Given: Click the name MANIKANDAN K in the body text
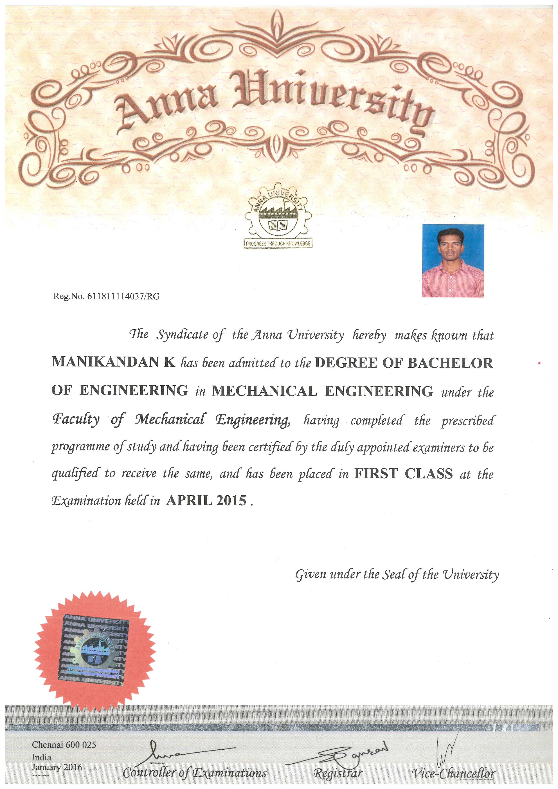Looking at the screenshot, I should click(x=114, y=362).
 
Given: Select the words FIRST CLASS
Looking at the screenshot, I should click(x=403, y=474).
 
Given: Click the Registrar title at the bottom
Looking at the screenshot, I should click(x=338, y=773).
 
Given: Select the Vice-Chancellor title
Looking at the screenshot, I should click(x=454, y=773).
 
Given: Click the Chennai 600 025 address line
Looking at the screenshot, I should click(x=64, y=745).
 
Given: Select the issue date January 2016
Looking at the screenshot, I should click(x=57, y=767).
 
